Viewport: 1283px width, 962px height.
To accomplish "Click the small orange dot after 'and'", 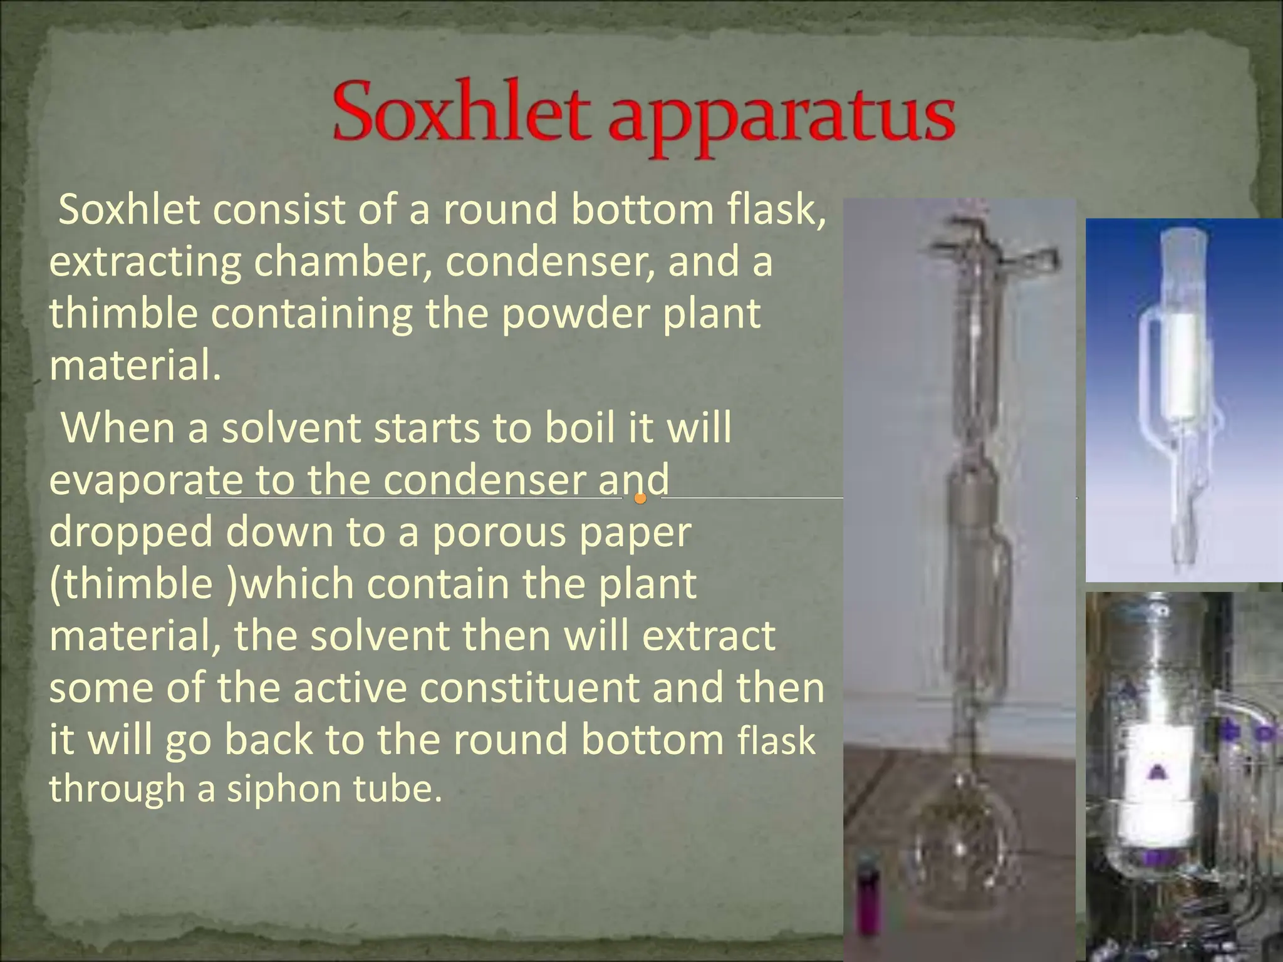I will (x=640, y=499).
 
